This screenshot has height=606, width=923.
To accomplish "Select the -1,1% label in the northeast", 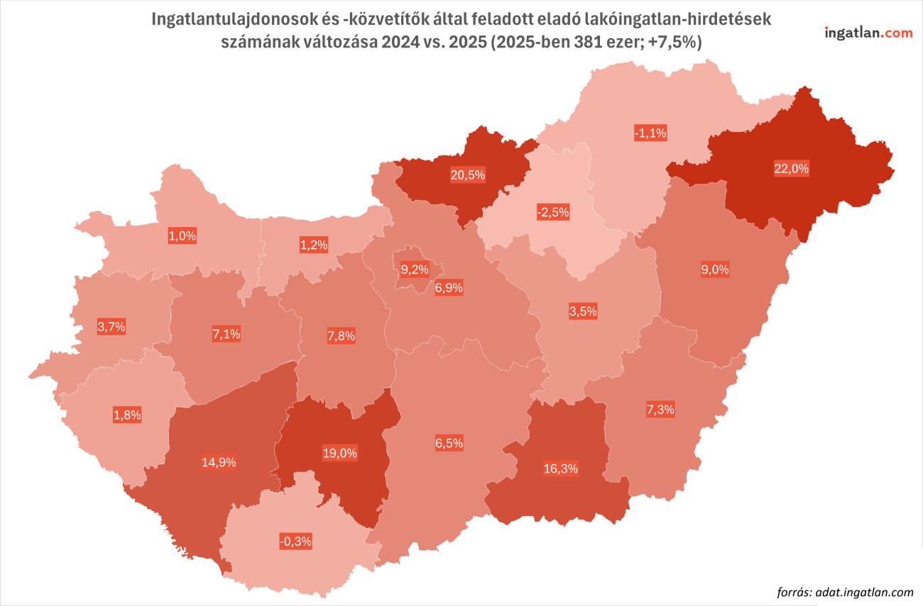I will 650,133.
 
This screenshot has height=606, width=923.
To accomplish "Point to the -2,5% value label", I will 553,212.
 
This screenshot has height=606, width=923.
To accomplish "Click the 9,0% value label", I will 715,270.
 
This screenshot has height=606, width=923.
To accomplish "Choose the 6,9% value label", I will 449,287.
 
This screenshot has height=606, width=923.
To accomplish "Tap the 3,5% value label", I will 583,311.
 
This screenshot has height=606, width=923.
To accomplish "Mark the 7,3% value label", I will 660,409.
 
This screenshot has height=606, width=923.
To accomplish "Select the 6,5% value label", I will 449,443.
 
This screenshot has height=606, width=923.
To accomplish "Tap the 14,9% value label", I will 219,462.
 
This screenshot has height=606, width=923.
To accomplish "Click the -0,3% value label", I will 296,541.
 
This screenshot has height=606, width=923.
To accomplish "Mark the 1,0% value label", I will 182,237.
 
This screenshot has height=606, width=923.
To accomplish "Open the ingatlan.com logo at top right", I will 868,33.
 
